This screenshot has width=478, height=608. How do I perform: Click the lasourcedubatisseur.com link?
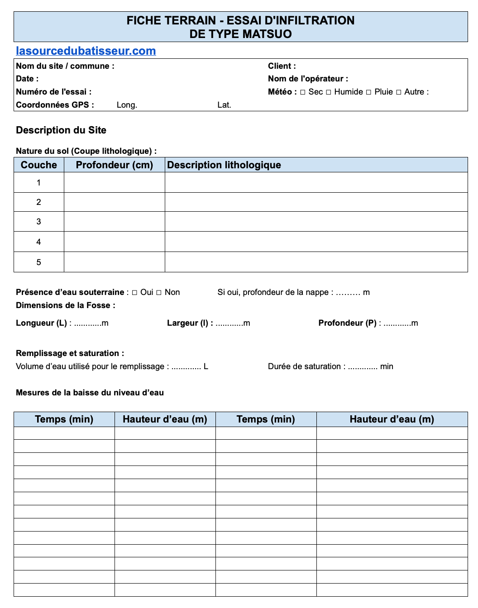[86, 51]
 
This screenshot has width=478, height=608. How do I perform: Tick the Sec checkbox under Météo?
[303, 92]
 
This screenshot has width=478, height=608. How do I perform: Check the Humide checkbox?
[329, 92]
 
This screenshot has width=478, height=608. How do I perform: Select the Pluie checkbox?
[368, 92]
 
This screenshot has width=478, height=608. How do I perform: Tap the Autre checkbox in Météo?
[399, 92]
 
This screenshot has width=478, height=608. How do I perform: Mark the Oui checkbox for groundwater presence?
[134, 293]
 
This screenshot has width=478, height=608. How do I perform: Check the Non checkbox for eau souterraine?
[159, 293]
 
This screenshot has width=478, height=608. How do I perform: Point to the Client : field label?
[282, 66]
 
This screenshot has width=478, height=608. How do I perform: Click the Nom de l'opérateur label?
[308, 79]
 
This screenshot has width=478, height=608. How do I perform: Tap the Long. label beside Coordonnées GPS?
[127, 105]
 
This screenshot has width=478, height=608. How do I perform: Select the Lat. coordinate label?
[224, 105]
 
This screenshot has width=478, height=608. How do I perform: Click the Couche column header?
[39, 165]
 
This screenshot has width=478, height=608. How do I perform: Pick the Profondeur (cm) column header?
[114, 165]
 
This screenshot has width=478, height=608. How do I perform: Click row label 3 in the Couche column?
[38, 222]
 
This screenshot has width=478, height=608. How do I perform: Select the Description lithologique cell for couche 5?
[316, 262]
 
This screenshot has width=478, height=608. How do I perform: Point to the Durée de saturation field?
[330, 366]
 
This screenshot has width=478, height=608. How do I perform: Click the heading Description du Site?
[61, 130]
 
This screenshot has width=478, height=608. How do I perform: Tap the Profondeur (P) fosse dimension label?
[347, 323]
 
